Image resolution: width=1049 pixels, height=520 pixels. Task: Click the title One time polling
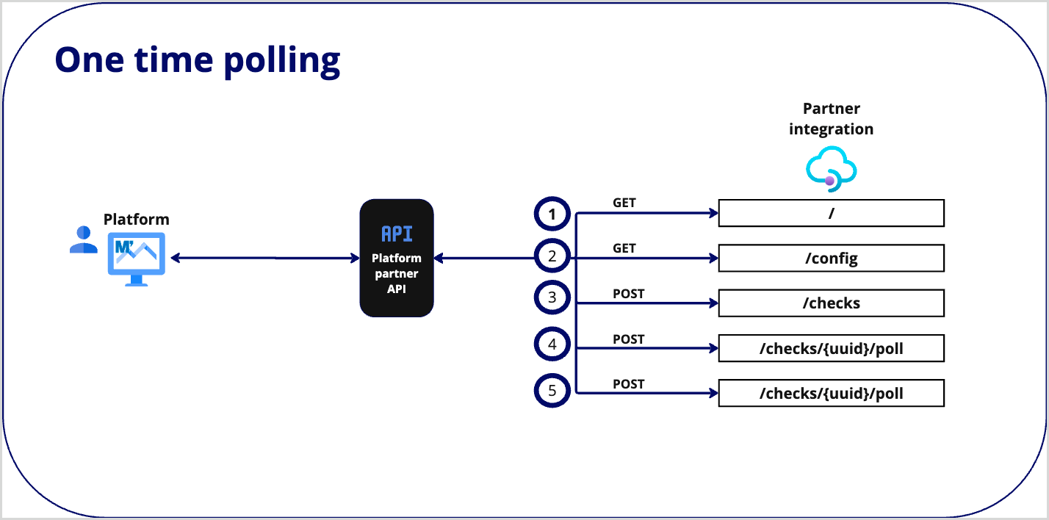click(198, 60)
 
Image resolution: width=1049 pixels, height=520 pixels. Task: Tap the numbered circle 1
click(552, 214)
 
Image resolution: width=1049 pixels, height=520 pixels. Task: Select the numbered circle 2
click(552, 257)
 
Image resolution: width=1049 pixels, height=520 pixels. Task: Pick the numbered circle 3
click(552, 298)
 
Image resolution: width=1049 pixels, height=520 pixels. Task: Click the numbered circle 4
click(552, 344)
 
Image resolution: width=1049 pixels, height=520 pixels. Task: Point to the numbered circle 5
click(552, 390)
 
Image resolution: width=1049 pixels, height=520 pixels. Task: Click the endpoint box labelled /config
click(831, 259)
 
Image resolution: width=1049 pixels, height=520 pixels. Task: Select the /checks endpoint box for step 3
click(831, 303)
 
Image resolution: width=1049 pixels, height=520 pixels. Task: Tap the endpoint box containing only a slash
click(831, 214)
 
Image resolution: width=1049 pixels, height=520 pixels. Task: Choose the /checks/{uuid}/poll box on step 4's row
click(831, 349)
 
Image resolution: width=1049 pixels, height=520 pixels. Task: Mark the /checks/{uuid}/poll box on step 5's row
click(831, 394)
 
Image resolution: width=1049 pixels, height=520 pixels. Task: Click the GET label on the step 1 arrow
click(624, 203)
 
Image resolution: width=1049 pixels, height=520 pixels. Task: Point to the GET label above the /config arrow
click(624, 248)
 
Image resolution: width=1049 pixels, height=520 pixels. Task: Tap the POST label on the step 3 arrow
click(628, 294)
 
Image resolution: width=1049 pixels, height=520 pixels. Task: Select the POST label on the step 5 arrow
click(628, 384)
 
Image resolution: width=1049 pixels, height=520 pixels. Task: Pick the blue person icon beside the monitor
click(83, 240)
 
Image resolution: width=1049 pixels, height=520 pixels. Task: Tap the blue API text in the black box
click(397, 234)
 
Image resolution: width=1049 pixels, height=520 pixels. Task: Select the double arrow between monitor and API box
click(264, 258)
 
